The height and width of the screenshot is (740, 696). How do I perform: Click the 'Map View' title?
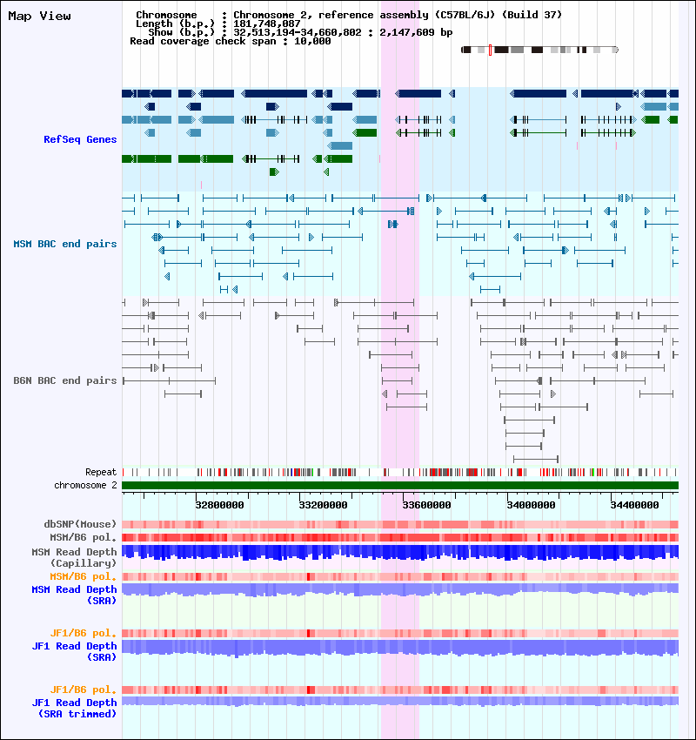click(40, 16)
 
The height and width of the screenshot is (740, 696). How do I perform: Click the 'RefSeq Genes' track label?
click(80, 139)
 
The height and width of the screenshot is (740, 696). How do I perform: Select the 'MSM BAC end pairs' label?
click(65, 244)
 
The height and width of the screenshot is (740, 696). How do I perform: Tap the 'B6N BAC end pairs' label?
click(65, 380)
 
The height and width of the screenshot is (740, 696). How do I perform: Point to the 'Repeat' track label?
click(101, 472)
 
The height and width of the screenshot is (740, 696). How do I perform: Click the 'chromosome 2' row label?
click(85, 485)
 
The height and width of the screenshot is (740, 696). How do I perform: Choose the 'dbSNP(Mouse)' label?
click(80, 524)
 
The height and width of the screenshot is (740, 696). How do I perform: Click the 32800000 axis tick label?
click(220, 505)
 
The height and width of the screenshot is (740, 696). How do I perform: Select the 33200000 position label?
click(323, 505)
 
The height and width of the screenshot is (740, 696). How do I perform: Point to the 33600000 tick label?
click(426, 505)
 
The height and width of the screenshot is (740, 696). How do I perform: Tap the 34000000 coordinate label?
click(531, 505)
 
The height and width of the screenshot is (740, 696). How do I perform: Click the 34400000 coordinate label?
click(635, 505)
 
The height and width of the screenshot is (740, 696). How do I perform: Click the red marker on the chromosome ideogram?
click(491, 50)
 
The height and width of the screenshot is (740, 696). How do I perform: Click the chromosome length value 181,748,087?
click(267, 24)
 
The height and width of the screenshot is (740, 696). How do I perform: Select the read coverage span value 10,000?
click(312, 41)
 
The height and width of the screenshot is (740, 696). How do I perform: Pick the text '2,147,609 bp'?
click(416, 32)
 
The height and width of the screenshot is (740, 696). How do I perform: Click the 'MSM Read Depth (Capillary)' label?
click(74, 557)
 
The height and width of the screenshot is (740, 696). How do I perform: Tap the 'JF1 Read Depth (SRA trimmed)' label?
click(74, 709)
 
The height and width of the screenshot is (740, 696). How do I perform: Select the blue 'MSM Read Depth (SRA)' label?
click(74, 595)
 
